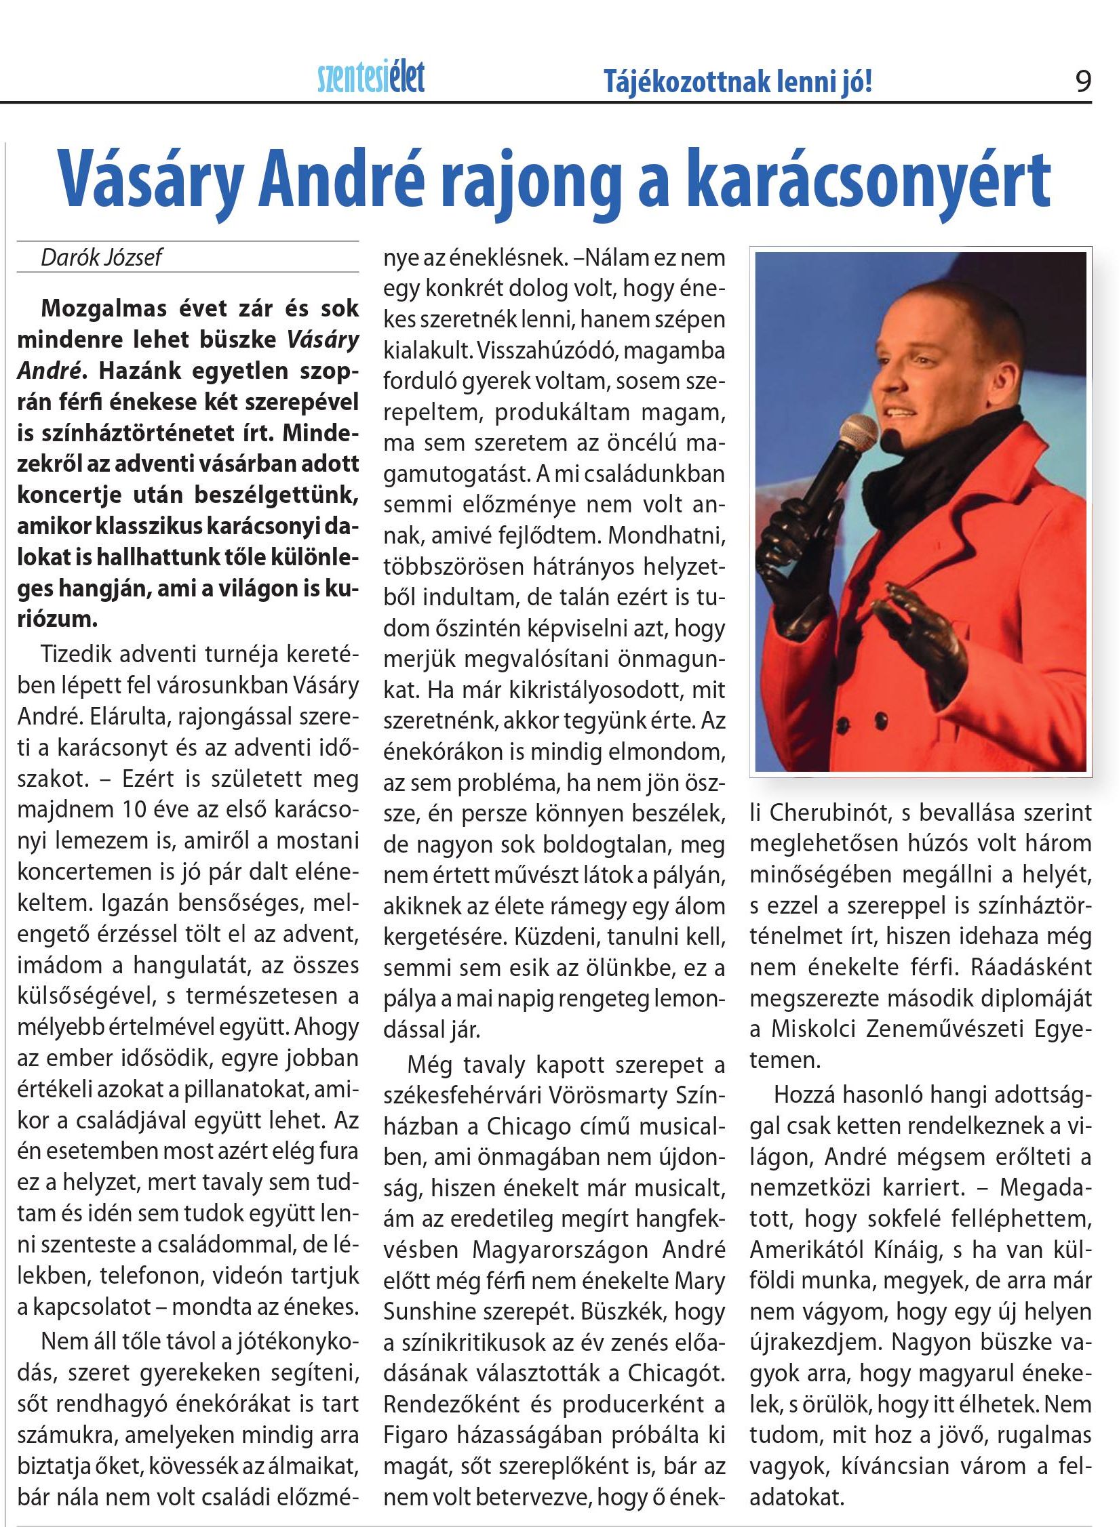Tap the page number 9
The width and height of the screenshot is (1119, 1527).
(1083, 82)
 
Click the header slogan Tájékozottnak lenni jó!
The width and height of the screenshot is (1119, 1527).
(737, 83)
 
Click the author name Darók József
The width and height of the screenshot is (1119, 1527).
(102, 258)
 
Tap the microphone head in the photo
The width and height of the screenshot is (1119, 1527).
(858, 434)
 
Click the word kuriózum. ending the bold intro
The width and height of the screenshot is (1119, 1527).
(58, 618)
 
